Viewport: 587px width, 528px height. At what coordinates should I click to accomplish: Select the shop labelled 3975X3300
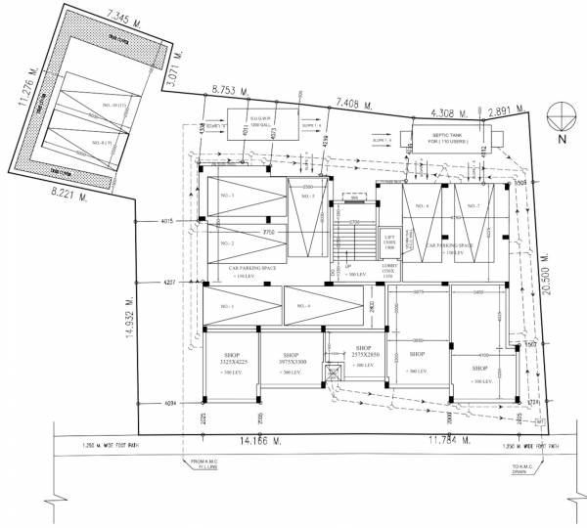click(x=291, y=359)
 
